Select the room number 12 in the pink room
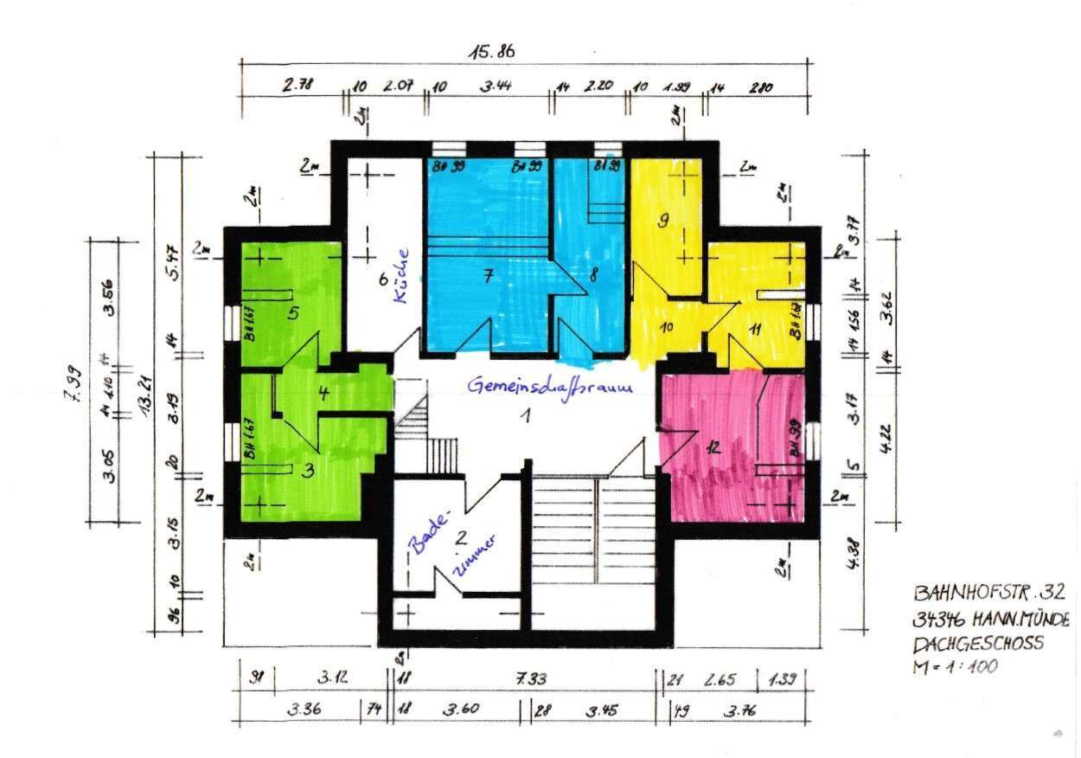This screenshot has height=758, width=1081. pyautogui.click(x=713, y=447)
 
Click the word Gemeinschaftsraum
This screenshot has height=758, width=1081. pyautogui.click(x=552, y=387)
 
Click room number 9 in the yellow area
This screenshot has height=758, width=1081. pyautogui.click(x=663, y=221)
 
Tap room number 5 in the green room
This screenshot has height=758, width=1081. pyautogui.click(x=293, y=313)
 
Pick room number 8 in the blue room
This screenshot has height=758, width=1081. pyautogui.click(x=594, y=277)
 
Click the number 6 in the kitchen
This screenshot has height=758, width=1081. pyautogui.click(x=381, y=279)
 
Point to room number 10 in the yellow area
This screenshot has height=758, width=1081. pyautogui.click(x=667, y=327)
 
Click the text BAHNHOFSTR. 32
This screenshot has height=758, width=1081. pyautogui.click(x=990, y=594)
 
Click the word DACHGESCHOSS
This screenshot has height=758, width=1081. pyautogui.click(x=978, y=643)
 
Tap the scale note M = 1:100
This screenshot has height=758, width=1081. pyautogui.click(x=955, y=667)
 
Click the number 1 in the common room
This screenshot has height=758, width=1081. pyautogui.click(x=523, y=416)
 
